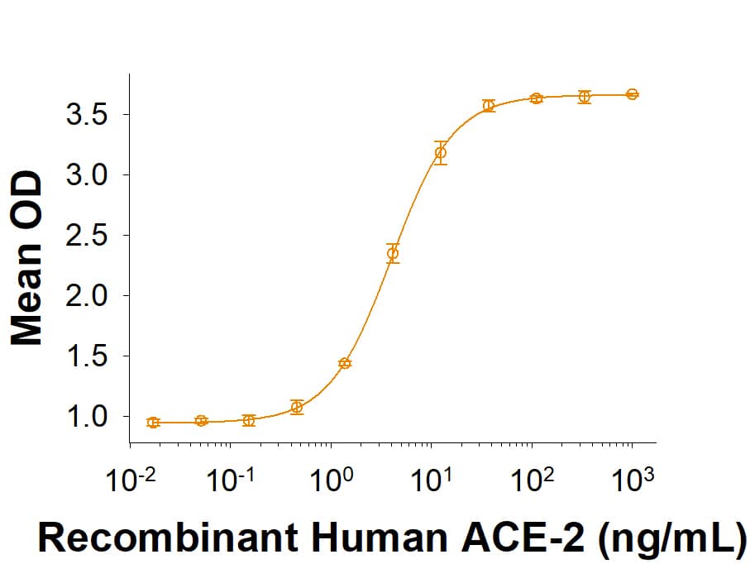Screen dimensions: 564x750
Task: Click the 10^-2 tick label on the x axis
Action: pyautogui.click(x=127, y=480)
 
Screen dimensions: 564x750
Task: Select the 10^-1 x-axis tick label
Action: pyautogui.click(x=227, y=480)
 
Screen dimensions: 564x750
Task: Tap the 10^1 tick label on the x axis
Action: pyautogui.click(x=430, y=480)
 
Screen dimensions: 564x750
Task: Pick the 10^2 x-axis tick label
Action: pyautogui.click(x=530, y=480)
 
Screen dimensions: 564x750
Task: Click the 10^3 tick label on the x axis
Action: pyautogui.click(x=631, y=480)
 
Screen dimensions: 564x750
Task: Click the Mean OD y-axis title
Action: pyautogui.click(x=26, y=257)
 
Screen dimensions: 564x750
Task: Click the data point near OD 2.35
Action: pyautogui.click(x=393, y=253)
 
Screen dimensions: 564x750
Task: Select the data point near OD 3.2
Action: pyautogui.click(x=441, y=152)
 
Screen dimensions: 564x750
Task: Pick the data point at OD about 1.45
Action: pyautogui.click(x=345, y=363)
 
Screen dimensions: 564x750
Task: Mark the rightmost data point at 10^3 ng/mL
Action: pyautogui.click(x=632, y=94)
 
